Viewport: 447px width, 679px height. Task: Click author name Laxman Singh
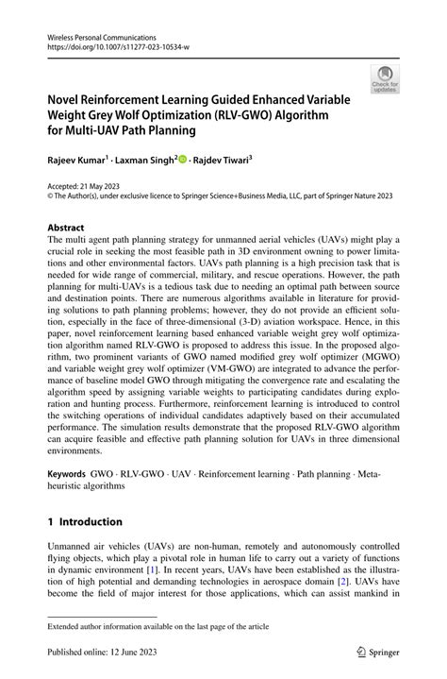click(x=146, y=161)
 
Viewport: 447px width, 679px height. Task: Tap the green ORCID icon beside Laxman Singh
click(x=182, y=161)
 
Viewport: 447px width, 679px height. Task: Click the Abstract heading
click(x=66, y=229)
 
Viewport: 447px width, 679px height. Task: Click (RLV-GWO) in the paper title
click(x=257, y=114)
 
